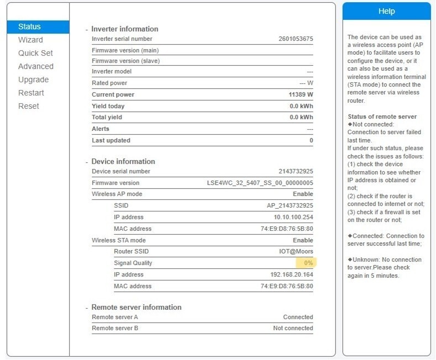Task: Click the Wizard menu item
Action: click(x=30, y=40)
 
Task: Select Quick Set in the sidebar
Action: click(x=35, y=53)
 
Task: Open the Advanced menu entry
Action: click(x=35, y=66)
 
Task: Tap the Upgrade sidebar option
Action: click(x=33, y=80)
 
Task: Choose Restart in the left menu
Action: click(x=31, y=93)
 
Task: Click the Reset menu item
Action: click(x=29, y=106)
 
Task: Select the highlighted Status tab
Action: click(x=29, y=27)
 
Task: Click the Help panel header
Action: click(x=386, y=11)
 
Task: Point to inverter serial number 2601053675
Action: click(x=296, y=39)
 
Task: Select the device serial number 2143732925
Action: click(x=296, y=171)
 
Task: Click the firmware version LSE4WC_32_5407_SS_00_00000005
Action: click(x=260, y=183)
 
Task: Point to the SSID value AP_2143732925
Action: click(x=290, y=205)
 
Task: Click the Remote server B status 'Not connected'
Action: click(x=293, y=328)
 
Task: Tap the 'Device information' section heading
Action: click(x=123, y=161)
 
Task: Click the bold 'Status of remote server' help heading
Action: click(x=382, y=117)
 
